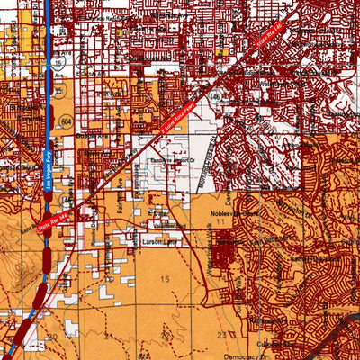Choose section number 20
point(54,335)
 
